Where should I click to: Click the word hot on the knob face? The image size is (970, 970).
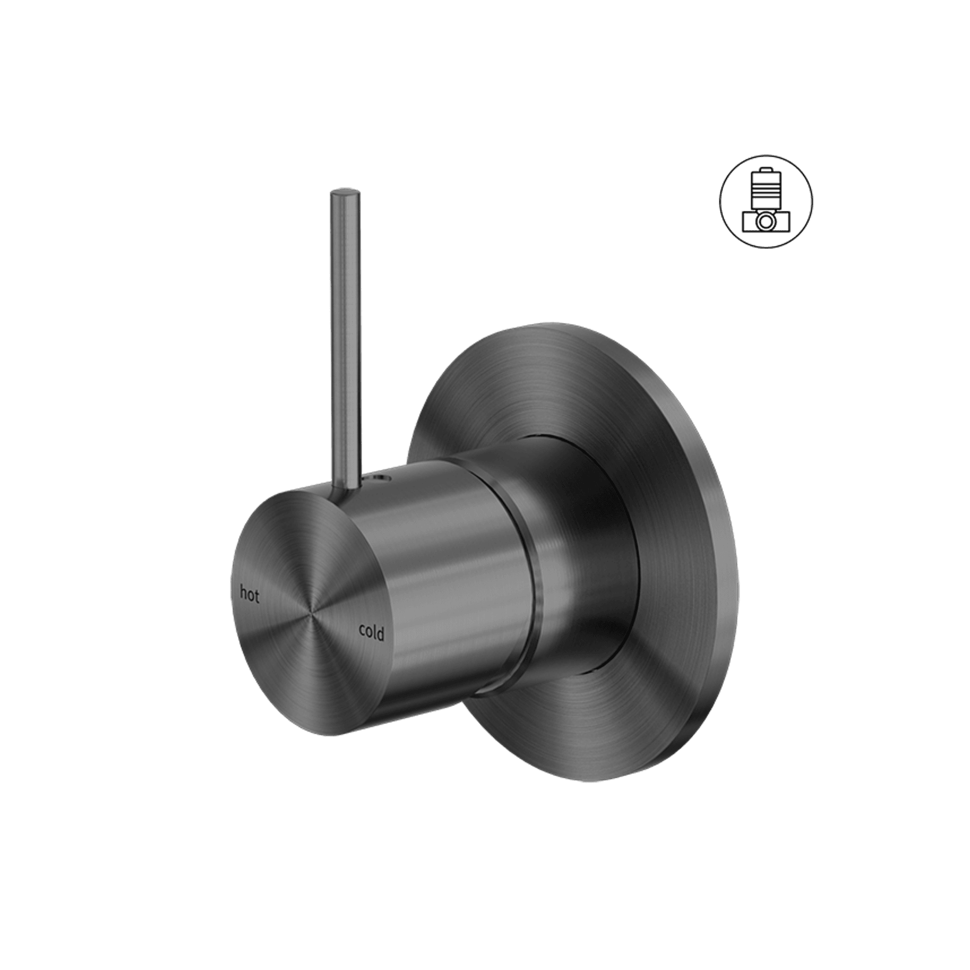click(x=249, y=594)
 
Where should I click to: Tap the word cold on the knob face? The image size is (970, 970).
click(x=371, y=632)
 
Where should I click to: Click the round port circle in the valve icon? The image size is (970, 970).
click(x=766, y=221)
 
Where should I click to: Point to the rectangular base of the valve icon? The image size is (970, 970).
click(x=766, y=222)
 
